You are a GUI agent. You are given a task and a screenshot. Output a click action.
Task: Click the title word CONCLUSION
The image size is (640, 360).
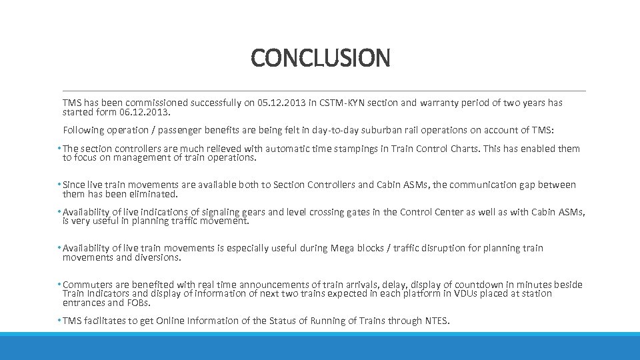tap(320, 58)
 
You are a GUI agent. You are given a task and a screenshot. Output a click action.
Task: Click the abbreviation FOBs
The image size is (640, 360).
tap(137, 303)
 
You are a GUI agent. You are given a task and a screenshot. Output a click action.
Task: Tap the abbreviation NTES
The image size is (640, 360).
tap(437, 321)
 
